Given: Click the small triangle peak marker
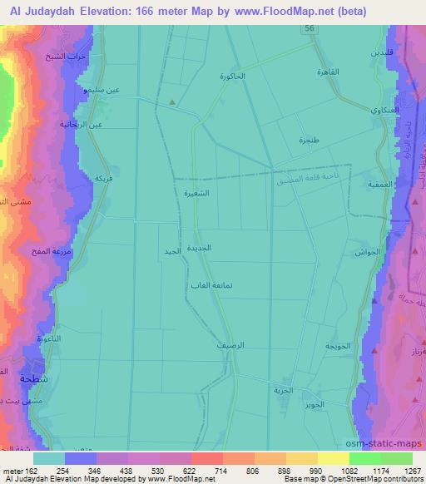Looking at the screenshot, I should click(171, 103).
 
